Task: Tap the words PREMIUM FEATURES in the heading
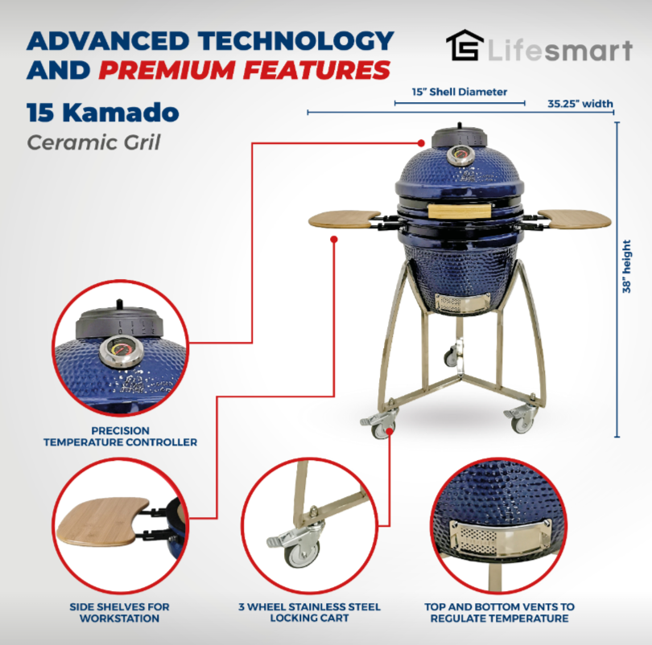pos(245,70)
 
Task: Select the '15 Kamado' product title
pos(103,113)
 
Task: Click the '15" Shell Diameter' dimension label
pos(460,92)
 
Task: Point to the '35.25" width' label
pos(580,103)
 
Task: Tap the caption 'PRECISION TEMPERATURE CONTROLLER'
pos(120,437)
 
